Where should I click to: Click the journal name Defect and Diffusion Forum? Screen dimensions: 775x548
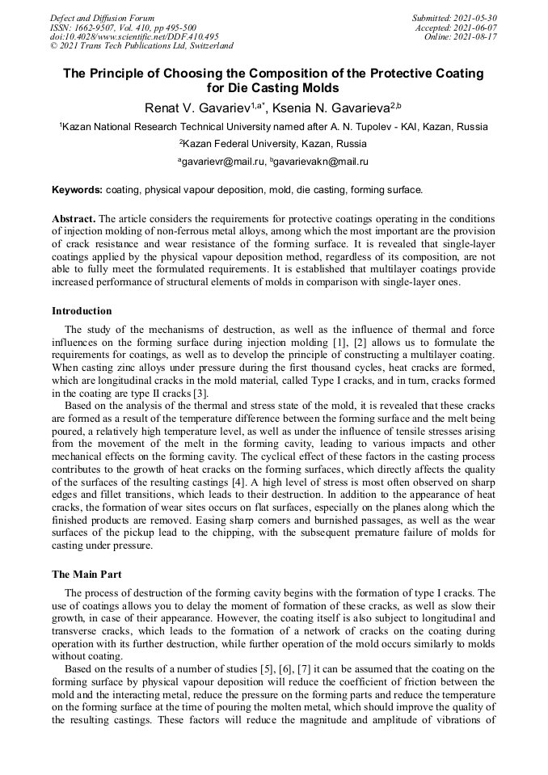[102, 18]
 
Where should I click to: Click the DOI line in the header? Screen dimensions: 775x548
[134, 37]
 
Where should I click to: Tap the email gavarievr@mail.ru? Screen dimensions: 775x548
[221, 162]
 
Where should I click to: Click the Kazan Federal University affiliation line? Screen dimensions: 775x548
[273, 144]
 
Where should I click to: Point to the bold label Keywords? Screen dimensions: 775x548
[78, 190]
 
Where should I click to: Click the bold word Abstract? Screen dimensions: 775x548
[74, 219]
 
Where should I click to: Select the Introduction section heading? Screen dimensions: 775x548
[82, 310]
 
